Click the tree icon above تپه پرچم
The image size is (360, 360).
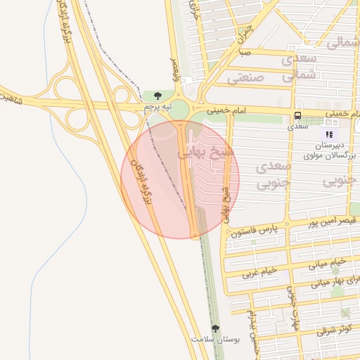pyautogui.click(x=157, y=96)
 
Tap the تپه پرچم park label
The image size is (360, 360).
pyautogui.click(x=157, y=107)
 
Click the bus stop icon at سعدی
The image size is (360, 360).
pyautogui.click(x=297, y=115)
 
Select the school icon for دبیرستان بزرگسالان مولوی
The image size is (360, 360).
pyautogui.click(x=329, y=134)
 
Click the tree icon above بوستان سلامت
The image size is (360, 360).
pyautogui.click(x=216, y=328)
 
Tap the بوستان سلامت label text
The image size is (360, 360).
pyautogui.click(x=216, y=340)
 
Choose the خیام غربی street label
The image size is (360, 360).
pyautogui.click(x=260, y=272)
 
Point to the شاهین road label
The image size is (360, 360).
pyautogui.click(x=12, y=97)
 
